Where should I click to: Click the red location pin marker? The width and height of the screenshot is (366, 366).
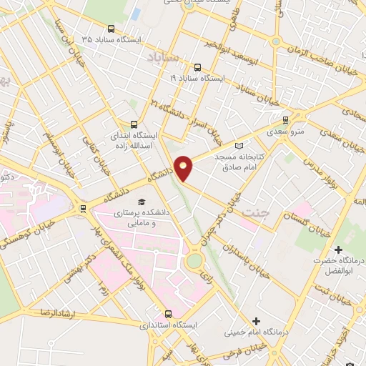pos(184,167)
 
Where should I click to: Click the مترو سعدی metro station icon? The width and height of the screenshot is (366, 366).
pos(286,120)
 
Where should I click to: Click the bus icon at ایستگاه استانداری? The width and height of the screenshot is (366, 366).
pos(169,313)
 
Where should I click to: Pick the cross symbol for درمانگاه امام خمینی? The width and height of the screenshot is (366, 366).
pos(255,320)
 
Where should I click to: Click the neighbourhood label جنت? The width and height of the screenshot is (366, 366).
pos(252,214)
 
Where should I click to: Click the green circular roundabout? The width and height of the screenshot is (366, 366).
pos(193,261)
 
